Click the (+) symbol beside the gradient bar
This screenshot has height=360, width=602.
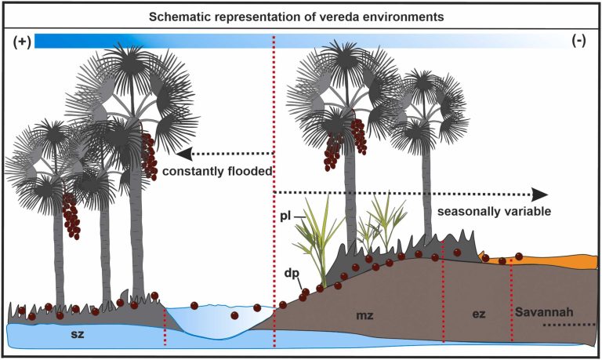(20, 42)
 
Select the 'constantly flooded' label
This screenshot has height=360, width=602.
(218, 170)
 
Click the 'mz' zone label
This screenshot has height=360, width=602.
(364, 315)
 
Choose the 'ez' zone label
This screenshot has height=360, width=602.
(478, 314)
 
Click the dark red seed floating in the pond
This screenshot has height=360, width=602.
(234, 315)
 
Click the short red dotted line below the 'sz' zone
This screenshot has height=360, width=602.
(165, 327)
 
